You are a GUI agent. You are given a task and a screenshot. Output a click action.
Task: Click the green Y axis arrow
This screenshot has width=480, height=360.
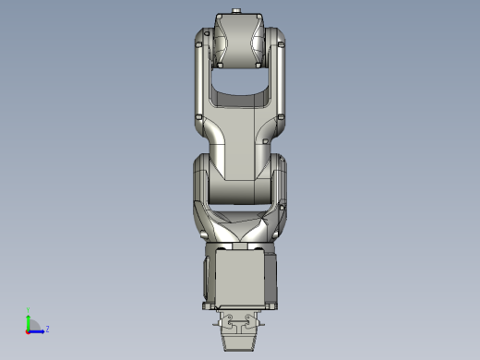[x=28, y=320]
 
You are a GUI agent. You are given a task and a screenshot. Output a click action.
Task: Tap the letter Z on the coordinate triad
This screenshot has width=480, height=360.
[x=47, y=329]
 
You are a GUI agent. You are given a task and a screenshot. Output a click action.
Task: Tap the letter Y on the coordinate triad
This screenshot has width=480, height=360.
[x=28, y=312]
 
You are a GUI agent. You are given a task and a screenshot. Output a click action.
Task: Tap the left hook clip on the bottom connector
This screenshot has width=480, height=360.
[x=224, y=322]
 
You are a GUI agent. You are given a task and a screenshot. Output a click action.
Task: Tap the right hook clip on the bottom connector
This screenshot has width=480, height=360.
[x=254, y=322]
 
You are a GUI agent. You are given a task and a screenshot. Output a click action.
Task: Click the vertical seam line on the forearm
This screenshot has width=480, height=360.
[x=251, y=138]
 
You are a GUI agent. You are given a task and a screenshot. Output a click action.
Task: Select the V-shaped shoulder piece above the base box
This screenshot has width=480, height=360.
[x=239, y=231]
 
